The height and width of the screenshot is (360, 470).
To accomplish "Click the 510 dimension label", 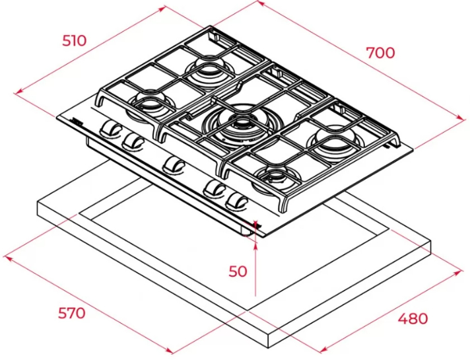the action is [x=74, y=40].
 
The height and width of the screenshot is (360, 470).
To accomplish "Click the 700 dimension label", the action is [x=381, y=53].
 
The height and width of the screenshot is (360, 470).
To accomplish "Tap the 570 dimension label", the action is [x=72, y=313].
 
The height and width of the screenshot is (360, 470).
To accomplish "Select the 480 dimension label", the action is [x=413, y=318].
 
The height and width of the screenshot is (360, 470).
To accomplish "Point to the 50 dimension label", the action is [x=238, y=271].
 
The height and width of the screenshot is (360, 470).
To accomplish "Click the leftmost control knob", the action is [x=110, y=129].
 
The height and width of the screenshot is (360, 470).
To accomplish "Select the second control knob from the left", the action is [x=133, y=141].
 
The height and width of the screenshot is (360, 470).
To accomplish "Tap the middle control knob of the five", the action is [x=173, y=165].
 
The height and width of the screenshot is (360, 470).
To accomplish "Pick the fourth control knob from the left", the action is [x=214, y=188].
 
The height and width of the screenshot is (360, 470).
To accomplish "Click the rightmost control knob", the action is [x=237, y=201].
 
